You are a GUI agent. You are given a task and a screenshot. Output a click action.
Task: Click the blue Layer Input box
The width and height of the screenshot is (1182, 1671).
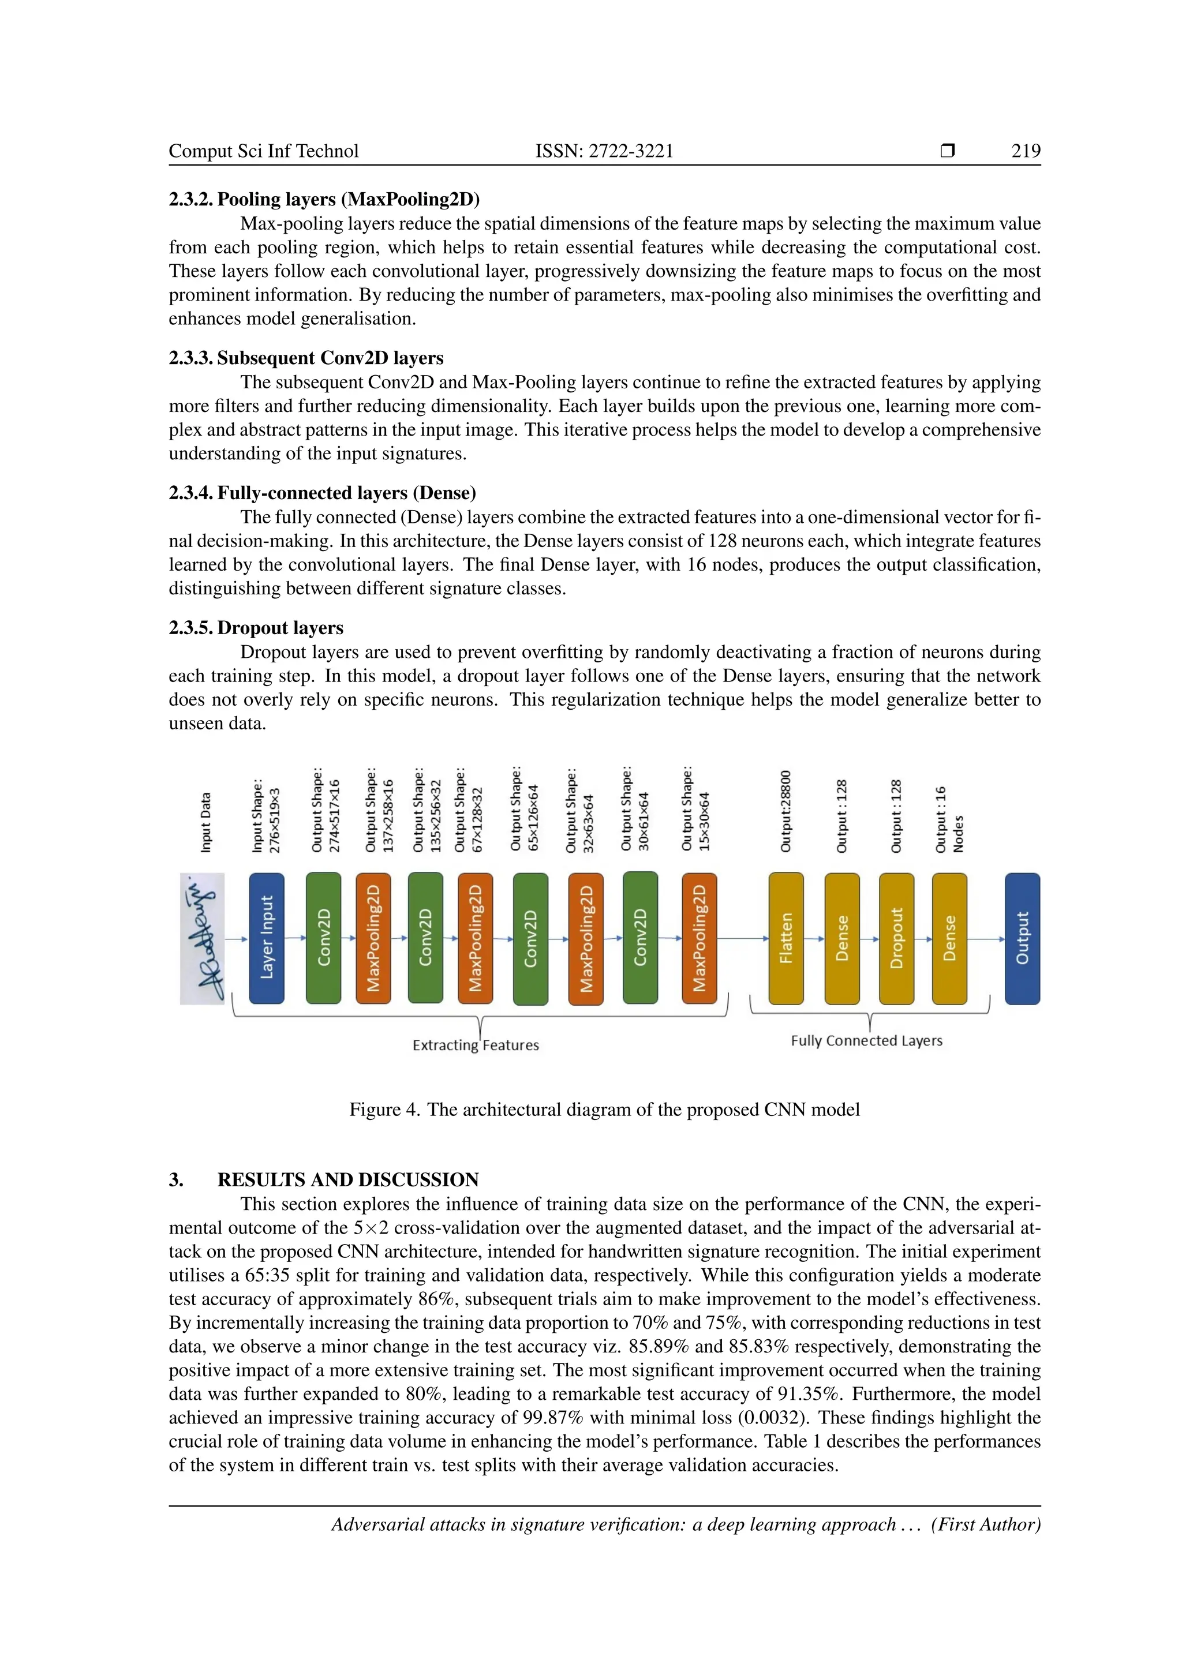coord(267,938)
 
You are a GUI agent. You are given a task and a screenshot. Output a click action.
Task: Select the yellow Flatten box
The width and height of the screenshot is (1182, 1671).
coord(786,938)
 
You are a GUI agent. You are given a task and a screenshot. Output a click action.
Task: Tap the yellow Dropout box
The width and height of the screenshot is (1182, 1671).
coord(897,938)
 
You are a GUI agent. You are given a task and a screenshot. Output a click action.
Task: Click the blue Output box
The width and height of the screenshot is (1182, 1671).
coord(1022,938)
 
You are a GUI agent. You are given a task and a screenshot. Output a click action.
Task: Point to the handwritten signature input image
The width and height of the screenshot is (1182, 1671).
coord(203,939)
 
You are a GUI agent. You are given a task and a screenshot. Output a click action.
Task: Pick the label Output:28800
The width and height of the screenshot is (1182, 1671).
coord(785,811)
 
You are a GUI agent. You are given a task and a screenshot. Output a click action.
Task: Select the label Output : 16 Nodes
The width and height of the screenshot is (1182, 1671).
coord(948,819)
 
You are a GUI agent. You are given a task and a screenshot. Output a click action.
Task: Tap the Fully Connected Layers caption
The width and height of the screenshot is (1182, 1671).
coord(866,1041)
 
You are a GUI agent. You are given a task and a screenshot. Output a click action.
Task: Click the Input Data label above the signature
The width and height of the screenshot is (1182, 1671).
coord(206,822)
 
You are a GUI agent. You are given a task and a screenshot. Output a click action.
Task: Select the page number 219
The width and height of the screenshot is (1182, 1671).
coord(1026,151)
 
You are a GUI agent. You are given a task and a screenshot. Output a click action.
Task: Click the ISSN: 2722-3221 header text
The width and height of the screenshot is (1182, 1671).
coord(604,151)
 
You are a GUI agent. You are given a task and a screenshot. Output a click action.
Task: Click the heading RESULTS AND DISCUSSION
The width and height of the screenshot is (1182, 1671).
coord(348,1180)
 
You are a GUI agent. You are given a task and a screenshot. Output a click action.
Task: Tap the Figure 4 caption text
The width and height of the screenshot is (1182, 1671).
coord(604,1110)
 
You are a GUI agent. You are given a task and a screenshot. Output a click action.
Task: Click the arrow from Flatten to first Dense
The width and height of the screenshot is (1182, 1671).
coord(814,939)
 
